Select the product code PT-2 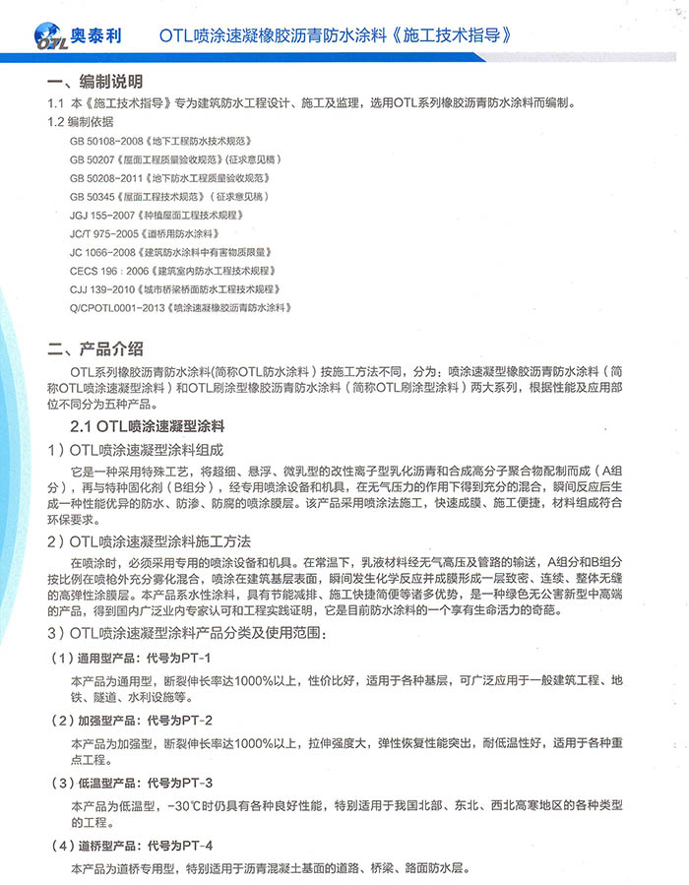[197, 720]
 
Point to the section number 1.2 [56, 122]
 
